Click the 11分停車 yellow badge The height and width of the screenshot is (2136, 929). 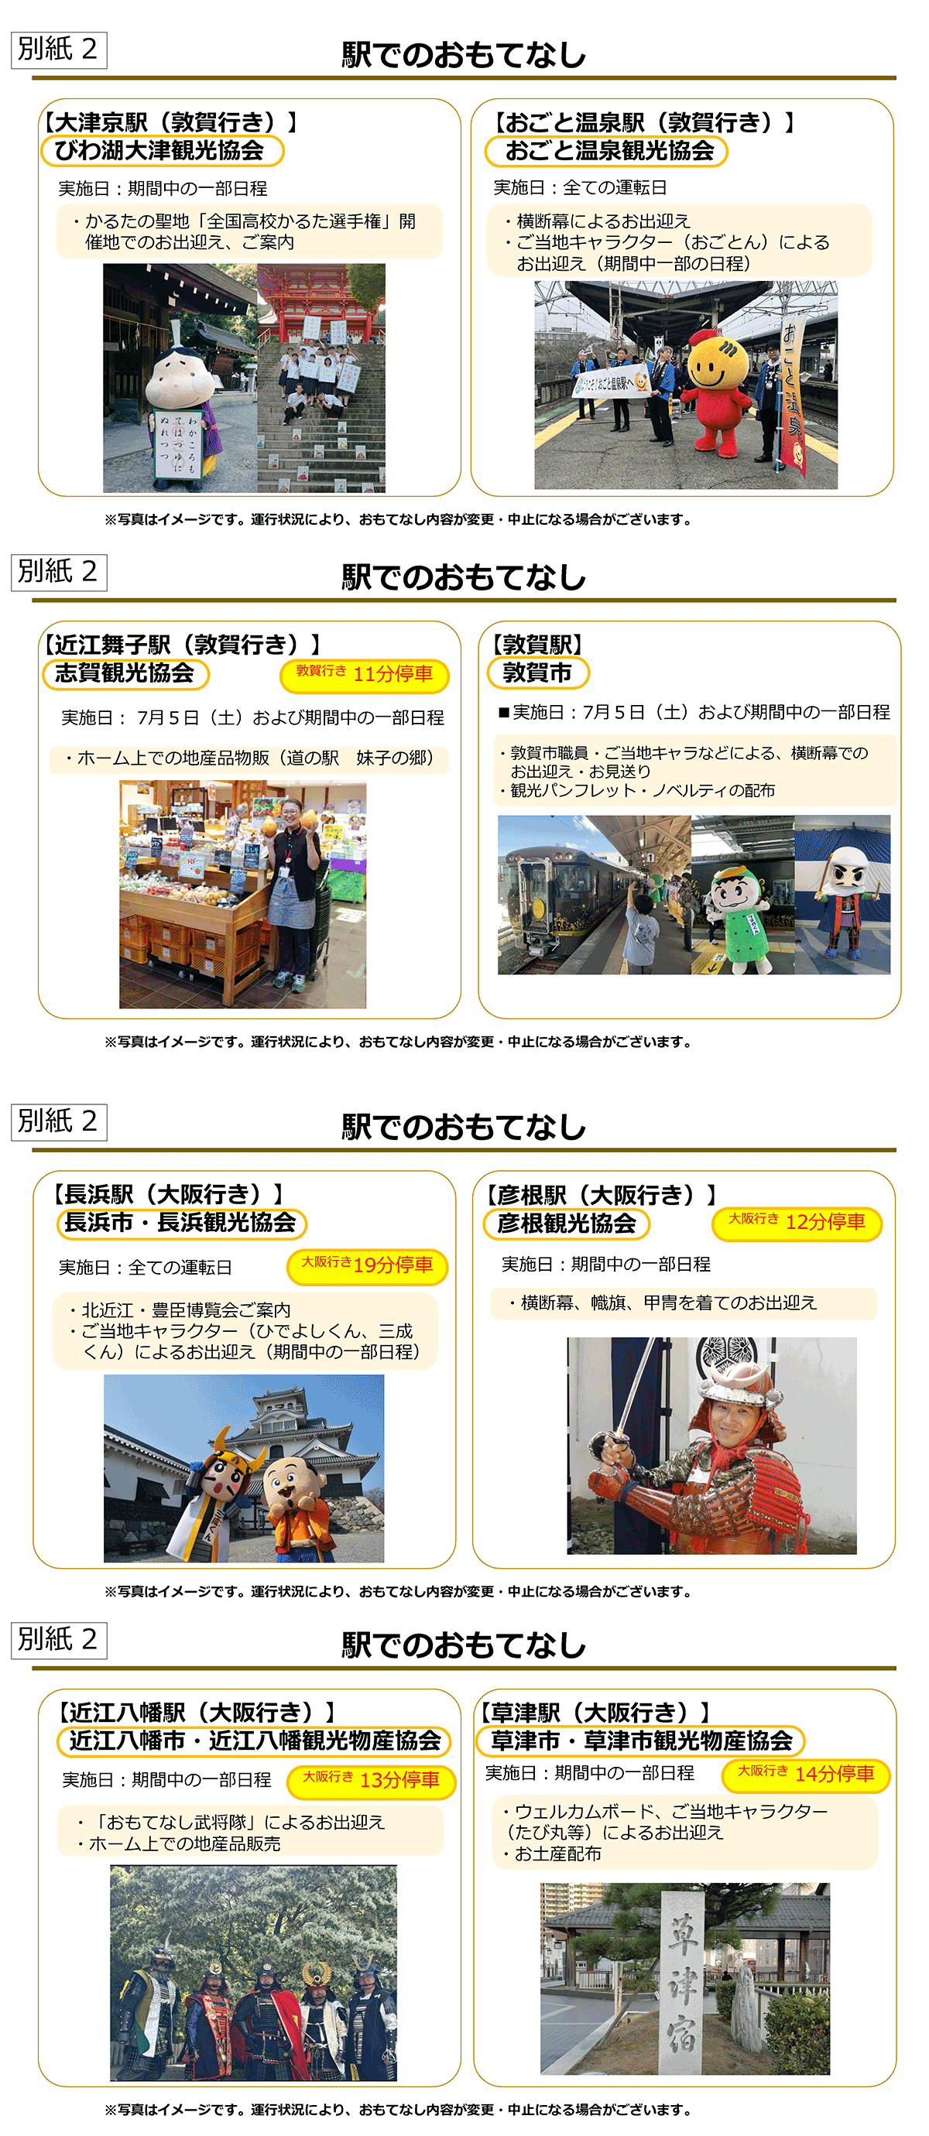[x=365, y=675]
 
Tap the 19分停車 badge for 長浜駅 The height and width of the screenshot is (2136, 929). [x=367, y=1266]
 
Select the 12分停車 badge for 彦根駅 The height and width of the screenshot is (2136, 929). [x=797, y=1223]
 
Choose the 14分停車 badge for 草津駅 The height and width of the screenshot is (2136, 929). [x=806, y=1775]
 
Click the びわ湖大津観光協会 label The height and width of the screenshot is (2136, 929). [x=162, y=151]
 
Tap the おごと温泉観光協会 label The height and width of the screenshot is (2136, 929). [x=606, y=151]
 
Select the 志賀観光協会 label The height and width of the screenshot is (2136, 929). [x=125, y=673]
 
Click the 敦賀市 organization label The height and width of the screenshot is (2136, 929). [x=537, y=673]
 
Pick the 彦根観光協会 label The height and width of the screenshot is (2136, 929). [x=567, y=1223]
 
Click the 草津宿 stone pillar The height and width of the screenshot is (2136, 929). [x=683, y=1982]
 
